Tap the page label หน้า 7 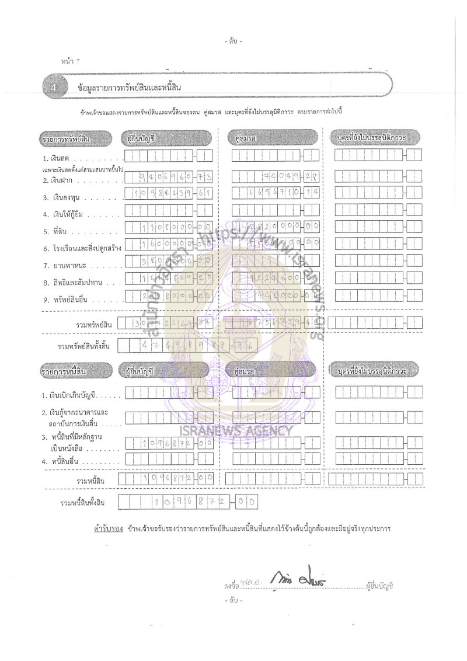coord(69,61)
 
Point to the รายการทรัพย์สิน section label coord(67,138)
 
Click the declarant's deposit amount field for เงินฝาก coord(168,175)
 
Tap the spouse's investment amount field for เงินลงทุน coord(275,193)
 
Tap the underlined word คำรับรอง coord(103,529)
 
